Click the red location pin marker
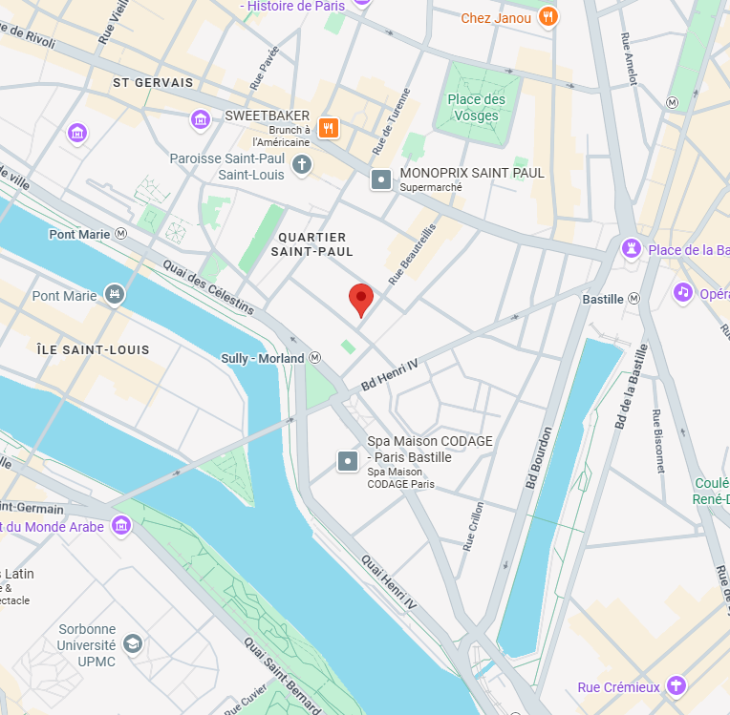coord(360,299)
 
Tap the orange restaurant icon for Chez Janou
coord(547,16)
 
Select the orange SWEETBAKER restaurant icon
coord(328,128)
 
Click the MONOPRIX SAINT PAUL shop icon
coord(381,179)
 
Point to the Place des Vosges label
coord(476,107)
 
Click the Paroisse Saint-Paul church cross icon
coord(302,165)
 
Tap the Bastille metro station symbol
coord(633,299)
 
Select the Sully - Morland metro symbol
coord(314,358)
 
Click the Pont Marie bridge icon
coord(115,295)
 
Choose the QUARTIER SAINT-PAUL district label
coord(311,243)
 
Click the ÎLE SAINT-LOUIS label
coord(93,350)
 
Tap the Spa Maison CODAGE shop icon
coord(348,462)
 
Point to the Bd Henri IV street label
coord(390,373)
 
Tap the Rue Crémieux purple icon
coord(676,686)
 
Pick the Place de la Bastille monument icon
coord(630,249)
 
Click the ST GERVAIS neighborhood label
coord(153,83)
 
